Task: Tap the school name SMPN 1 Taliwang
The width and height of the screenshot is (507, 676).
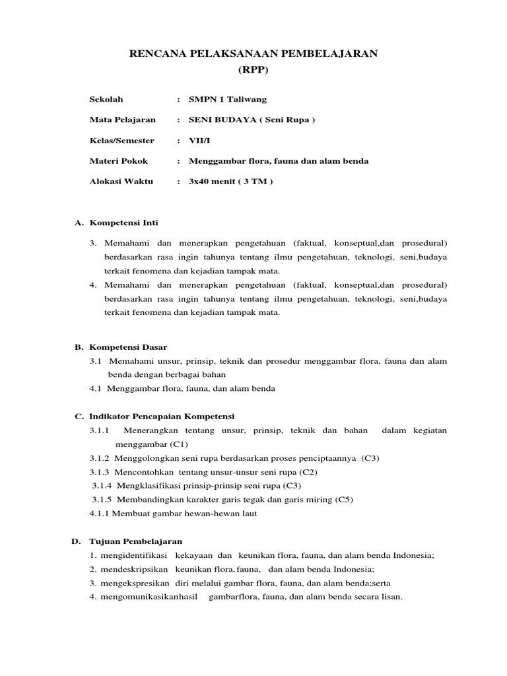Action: coord(228,100)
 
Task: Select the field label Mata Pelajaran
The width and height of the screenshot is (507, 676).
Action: coord(122,120)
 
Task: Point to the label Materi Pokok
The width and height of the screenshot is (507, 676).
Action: coord(118,161)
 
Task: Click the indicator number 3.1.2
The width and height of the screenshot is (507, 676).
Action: coord(100,457)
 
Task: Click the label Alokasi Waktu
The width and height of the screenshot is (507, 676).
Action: coord(121,182)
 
